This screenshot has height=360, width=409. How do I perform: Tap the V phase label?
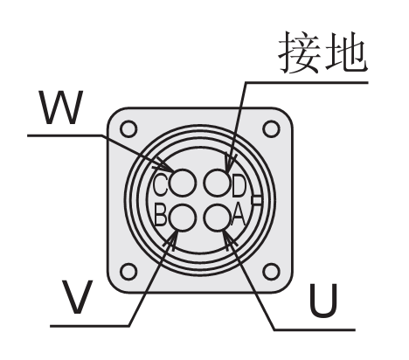pos(77,297)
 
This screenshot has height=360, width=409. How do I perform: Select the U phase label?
pos(323,301)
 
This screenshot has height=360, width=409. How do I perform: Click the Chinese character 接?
pos(300,52)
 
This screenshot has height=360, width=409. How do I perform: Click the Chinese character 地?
pos(346,52)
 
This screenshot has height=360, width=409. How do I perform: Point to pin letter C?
pos(160,184)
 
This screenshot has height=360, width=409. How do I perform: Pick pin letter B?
pos(161,215)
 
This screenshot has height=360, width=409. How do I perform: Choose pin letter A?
pos(239,216)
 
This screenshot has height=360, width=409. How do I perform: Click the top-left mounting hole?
pos(128,129)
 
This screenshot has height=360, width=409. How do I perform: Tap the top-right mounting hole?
pos(271,129)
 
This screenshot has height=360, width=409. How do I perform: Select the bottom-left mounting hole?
pos(128,272)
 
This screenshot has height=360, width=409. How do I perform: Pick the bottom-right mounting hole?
pos(271,272)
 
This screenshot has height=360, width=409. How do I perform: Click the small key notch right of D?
pos(256,200)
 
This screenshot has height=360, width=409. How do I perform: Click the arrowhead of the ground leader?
pos(230,164)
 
